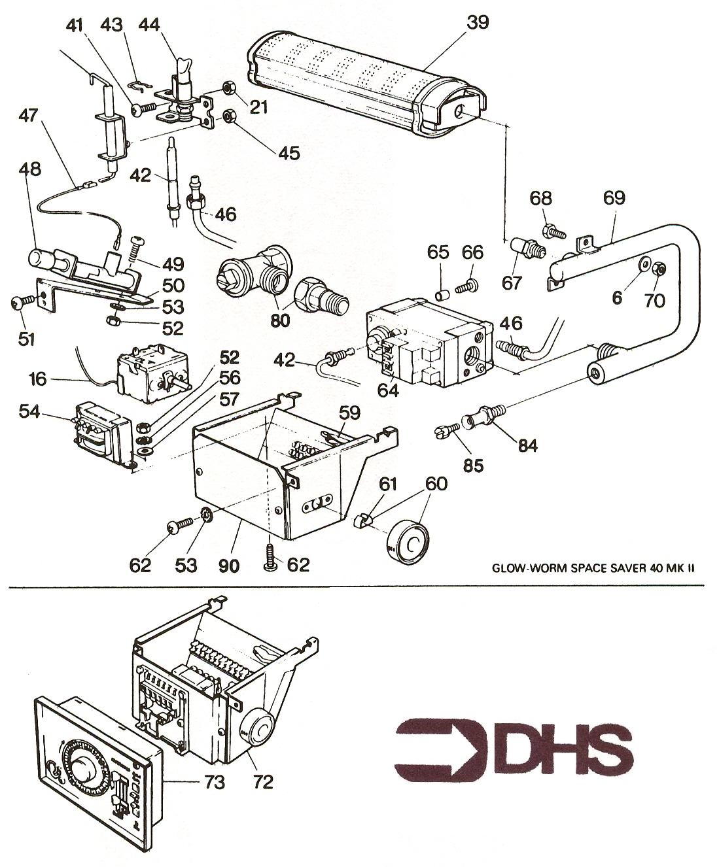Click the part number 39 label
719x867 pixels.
[x=478, y=22]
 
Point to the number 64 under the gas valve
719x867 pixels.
[x=388, y=390]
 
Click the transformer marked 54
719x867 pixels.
[x=102, y=435]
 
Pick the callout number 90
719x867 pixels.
[x=229, y=565]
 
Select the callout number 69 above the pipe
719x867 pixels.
[x=614, y=198]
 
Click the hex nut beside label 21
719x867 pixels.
[x=230, y=87]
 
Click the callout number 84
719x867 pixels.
[x=527, y=445]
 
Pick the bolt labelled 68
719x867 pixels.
[x=553, y=230]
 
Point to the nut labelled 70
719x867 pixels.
[x=660, y=269]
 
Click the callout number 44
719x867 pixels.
[x=150, y=24]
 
